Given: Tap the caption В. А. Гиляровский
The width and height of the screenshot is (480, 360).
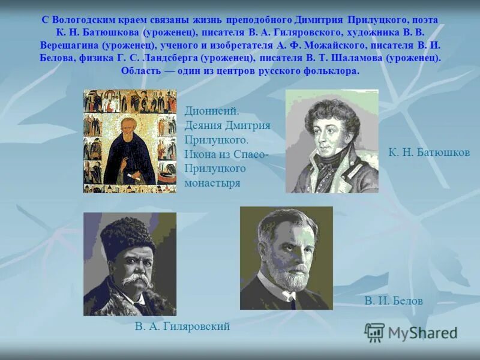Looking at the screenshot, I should click(x=182, y=326).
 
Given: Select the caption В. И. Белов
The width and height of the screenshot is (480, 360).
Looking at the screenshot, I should click(x=394, y=301).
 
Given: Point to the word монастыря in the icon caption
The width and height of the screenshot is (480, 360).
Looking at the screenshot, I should click(x=212, y=183).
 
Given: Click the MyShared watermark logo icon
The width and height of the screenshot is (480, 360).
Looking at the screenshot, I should click(x=374, y=332).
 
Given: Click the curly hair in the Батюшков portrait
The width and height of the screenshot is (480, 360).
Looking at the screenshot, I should click(x=332, y=113).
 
